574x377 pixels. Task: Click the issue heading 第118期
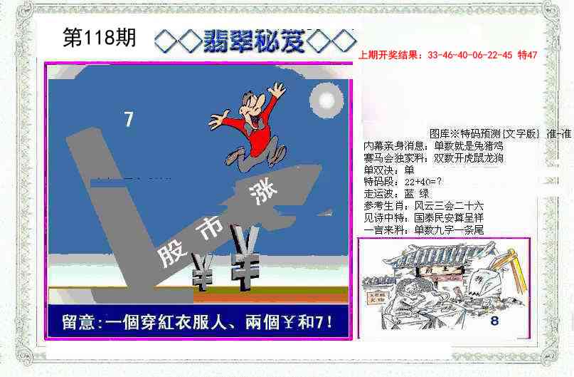point(100,38)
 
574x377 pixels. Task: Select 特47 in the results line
point(527,55)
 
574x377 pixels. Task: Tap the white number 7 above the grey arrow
point(129,120)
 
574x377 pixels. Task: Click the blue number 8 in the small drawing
point(494,321)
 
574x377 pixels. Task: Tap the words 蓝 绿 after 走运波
point(417,193)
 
